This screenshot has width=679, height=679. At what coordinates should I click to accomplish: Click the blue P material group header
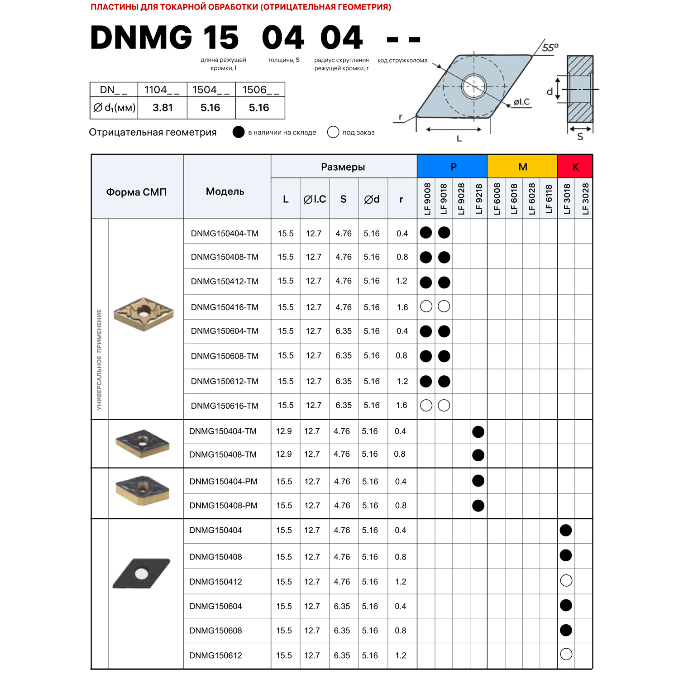tap(452, 167)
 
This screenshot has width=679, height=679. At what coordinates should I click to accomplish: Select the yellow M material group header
tap(522, 167)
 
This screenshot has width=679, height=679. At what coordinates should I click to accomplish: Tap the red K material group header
tap(575, 167)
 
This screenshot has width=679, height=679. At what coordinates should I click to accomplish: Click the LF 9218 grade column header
tap(478, 199)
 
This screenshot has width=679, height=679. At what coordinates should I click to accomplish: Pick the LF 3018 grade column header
tap(566, 199)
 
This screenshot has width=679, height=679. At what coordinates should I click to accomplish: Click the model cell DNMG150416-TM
tap(225, 307)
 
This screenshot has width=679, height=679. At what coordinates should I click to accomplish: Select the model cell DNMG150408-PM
tap(223, 506)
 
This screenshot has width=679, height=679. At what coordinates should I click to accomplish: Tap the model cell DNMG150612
tap(215, 655)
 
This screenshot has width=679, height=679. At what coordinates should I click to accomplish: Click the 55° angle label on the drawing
tap(550, 48)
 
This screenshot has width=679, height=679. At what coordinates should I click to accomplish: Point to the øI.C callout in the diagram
tap(521, 102)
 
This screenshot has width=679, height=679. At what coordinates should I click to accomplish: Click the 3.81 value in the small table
tap(163, 108)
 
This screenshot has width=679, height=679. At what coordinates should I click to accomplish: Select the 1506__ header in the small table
tap(260, 90)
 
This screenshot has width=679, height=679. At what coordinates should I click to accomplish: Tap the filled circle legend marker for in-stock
tap(239, 132)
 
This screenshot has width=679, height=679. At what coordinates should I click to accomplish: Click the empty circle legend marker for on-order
tap(333, 132)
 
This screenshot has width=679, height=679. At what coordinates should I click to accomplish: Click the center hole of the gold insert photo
tap(144, 312)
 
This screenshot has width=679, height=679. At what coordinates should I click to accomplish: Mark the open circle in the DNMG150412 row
tap(566, 581)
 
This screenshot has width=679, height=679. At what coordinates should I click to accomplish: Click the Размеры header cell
tap(343, 167)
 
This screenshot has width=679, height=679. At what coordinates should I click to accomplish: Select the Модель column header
tap(225, 191)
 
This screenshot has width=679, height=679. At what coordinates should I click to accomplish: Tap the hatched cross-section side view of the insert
tap(580, 89)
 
